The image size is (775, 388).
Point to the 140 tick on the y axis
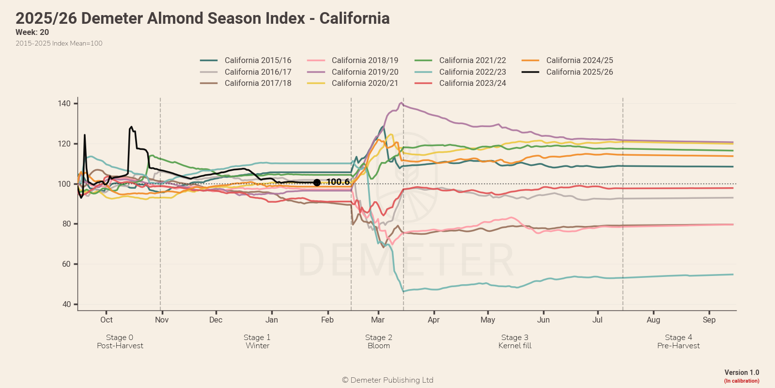[x=64, y=103]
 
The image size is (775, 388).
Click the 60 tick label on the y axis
[x=66, y=264]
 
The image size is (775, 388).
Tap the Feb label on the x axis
[x=327, y=320]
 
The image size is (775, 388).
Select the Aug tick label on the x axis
[x=653, y=320]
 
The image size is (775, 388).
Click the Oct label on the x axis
[x=107, y=320]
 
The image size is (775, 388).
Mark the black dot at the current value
[x=317, y=182]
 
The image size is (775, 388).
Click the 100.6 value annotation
[x=338, y=182]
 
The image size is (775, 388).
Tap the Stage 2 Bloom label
[x=379, y=341]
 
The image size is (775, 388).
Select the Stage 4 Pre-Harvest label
[x=678, y=341]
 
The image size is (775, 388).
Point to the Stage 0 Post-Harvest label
[x=120, y=341]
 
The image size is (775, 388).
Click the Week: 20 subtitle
[x=32, y=32]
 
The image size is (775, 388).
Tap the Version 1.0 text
[x=742, y=372]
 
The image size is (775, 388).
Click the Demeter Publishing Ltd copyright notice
[x=387, y=380]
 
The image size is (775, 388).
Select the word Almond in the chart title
[x=177, y=18]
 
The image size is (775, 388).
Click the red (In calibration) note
[x=742, y=381]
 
